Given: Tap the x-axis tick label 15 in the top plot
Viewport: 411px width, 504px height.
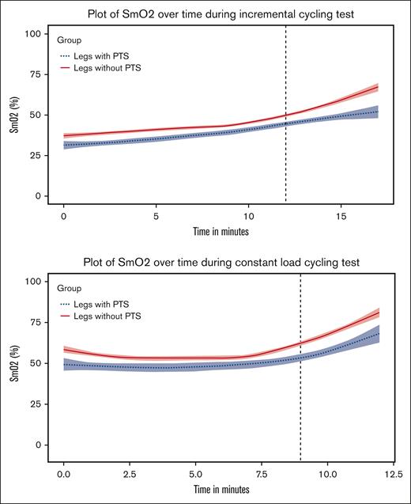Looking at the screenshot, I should pyautogui.click(x=341, y=215).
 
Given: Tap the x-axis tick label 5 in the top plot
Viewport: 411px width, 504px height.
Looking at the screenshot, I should pyautogui.click(x=156, y=215).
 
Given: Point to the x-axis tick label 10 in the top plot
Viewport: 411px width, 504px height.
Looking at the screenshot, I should pyautogui.click(x=248, y=215).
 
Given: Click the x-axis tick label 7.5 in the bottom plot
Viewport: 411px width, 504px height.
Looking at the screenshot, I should pyautogui.click(x=261, y=464).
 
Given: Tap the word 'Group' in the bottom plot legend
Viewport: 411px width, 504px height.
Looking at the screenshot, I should pyautogui.click(x=71, y=290).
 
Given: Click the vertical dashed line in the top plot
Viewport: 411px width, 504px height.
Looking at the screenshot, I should pyautogui.click(x=285, y=119).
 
